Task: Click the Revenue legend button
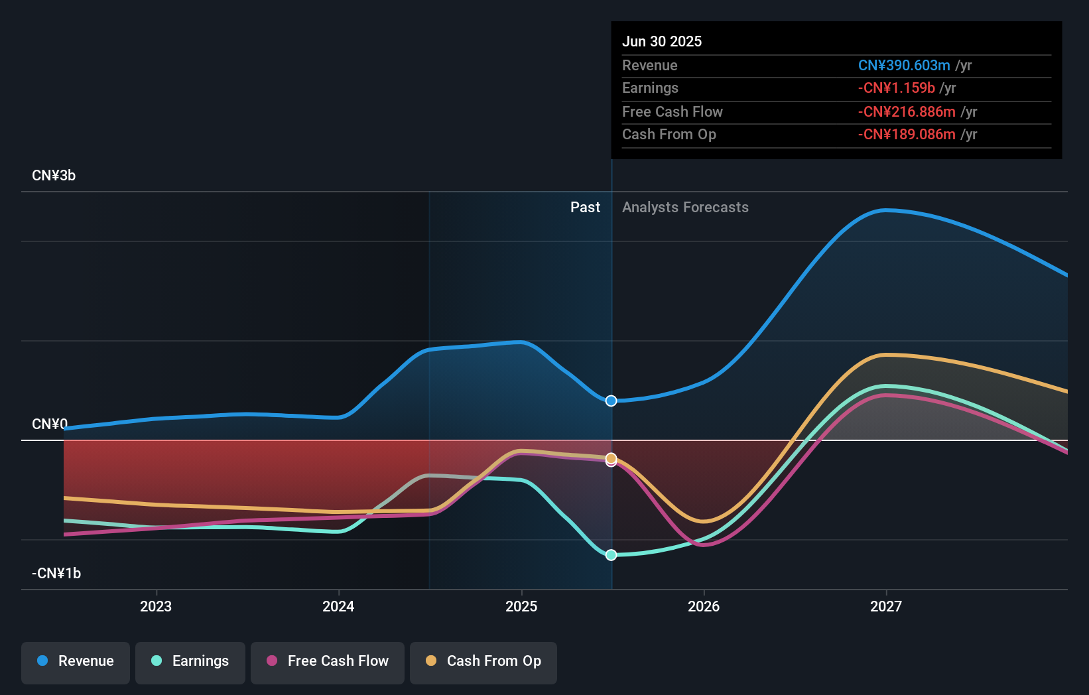76,661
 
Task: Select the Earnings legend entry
190,661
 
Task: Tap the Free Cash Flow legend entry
328,661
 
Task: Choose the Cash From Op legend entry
483,661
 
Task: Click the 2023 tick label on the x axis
156,606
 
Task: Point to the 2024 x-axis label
338,606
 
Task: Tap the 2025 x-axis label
521,606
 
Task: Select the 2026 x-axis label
704,606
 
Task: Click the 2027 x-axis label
886,606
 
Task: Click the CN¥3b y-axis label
54,176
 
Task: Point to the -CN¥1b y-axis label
56,573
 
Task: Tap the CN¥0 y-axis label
50,424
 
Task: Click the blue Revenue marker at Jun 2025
611,401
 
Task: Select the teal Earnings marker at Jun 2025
611,554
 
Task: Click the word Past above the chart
585,208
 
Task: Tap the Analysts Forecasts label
685,208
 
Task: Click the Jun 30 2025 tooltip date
662,41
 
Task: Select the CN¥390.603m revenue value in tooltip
904,66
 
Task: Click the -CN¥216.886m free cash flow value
907,112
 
